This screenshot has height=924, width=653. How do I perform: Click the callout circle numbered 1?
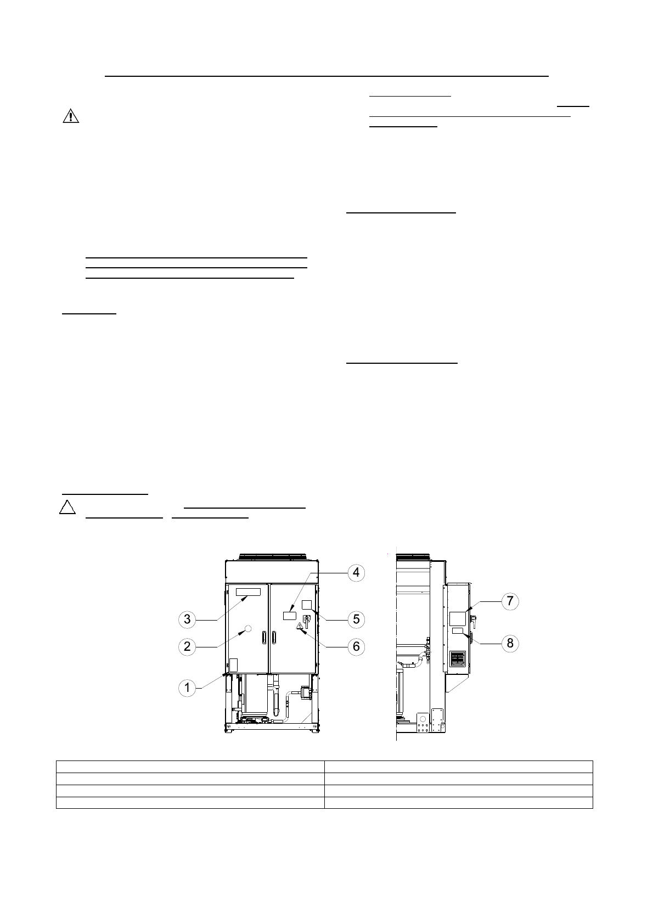pyautogui.click(x=187, y=688)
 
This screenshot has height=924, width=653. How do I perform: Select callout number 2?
pyautogui.click(x=187, y=646)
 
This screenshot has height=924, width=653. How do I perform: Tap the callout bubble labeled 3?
pyautogui.click(x=187, y=619)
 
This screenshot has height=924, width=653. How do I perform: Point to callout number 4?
pyautogui.click(x=356, y=572)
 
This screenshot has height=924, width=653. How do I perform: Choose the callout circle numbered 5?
pyautogui.click(x=356, y=619)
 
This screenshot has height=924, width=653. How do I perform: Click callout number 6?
pyautogui.click(x=356, y=646)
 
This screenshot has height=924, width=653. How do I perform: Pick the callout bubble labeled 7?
pyautogui.click(x=510, y=601)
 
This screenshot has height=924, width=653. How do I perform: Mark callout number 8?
pyautogui.click(x=510, y=643)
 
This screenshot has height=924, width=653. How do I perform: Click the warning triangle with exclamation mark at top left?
pyautogui.click(x=70, y=116)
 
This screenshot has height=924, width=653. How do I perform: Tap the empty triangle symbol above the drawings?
pyautogui.click(x=67, y=507)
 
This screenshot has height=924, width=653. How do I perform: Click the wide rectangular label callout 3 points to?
pyautogui.click(x=247, y=592)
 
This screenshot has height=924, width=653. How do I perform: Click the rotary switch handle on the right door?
pyautogui.click(x=307, y=621)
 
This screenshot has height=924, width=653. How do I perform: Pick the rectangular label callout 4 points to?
pyautogui.click(x=289, y=616)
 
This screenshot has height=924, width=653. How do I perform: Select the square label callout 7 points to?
pyautogui.click(x=457, y=618)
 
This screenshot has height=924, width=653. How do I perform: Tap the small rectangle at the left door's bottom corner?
pyautogui.click(x=233, y=665)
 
